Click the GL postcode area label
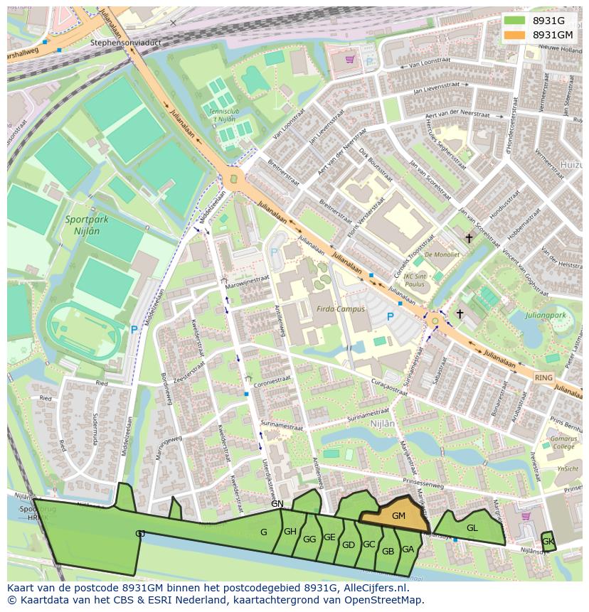[x=472, y=528]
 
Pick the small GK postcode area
[x=548, y=542]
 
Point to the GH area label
[x=290, y=532]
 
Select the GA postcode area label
[x=408, y=549]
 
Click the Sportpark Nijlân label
[x=87, y=225]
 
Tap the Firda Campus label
[x=341, y=309]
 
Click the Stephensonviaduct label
[x=127, y=43]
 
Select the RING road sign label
[x=543, y=378]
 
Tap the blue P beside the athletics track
[x=134, y=330]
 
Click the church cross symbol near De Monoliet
[x=469, y=239]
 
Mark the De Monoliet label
[x=442, y=254]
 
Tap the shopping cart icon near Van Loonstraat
[x=350, y=60]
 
